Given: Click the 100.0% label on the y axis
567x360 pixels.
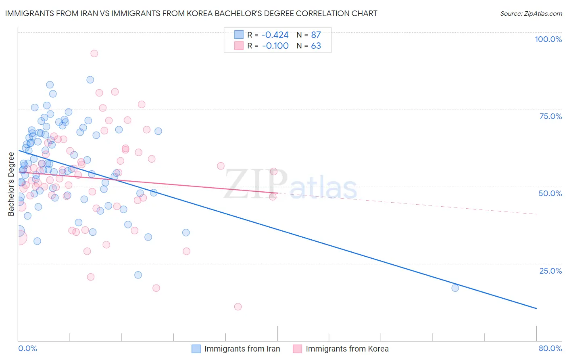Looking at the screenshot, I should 548,39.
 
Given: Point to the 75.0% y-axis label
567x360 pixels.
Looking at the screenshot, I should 550,116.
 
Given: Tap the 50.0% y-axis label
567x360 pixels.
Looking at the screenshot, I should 550,193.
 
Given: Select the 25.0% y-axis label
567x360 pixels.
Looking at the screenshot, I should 550,270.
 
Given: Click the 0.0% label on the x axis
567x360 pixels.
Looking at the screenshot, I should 27,349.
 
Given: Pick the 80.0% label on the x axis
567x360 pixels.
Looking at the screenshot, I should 550,349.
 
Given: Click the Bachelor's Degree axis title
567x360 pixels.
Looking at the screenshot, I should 11,184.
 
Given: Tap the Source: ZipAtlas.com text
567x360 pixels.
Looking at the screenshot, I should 531,14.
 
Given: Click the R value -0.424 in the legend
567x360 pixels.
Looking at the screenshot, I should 275,35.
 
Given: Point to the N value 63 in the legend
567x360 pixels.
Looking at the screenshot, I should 316,46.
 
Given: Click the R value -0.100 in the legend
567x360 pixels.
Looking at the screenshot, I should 275,46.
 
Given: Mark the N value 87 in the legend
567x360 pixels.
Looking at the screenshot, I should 316,35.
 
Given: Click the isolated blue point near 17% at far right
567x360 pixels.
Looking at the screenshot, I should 455,288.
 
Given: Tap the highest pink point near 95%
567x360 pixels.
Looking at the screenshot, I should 94,53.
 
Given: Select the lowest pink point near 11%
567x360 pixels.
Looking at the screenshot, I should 238,307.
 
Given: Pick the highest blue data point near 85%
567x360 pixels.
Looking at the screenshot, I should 90,80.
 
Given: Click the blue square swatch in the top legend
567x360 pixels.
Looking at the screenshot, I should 239,35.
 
